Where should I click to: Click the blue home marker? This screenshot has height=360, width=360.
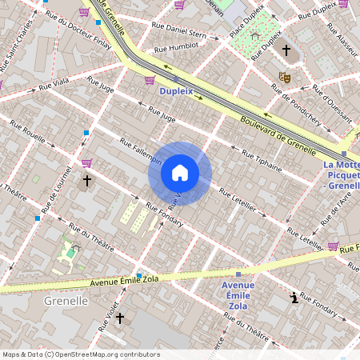click(x=180, y=173)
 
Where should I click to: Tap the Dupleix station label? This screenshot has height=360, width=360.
click(x=177, y=92)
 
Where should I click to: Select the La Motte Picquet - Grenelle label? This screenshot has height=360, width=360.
click(x=341, y=175)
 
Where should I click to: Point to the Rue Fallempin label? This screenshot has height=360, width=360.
click(x=141, y=151)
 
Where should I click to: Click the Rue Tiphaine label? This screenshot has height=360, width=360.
click(x=261, y=158)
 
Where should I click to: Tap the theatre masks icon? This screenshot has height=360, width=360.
click(x=284, y=78)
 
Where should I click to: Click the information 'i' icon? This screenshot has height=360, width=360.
click(x=294, y=298)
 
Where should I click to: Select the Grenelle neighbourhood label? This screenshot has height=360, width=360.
click(x=66, y=301)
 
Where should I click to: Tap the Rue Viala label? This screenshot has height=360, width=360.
click(x=56, y=82)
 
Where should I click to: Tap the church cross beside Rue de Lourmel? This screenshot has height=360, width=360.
click(x=87, y=182)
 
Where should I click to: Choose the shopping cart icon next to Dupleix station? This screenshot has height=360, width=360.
click(x=150, y=79)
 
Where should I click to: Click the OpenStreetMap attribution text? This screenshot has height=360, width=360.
click(x=81, y=354)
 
